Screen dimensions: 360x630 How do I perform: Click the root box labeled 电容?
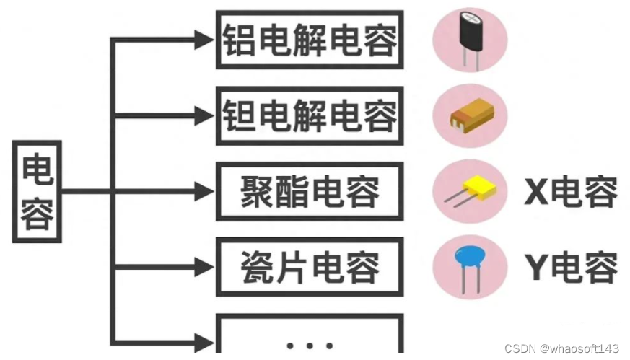pyautogui.click(x=38, y=192)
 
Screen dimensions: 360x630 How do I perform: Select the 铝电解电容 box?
pyautogui.click(x=309, y=40)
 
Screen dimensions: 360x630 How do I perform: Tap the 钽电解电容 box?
pyautogui.click(x=309, y=115)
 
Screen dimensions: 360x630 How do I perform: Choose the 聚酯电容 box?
pyautogui.click(x=309, y=191)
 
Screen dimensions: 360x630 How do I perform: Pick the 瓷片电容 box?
pyautogui.click(x=309, y=268)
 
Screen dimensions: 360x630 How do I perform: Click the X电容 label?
pyautogui.click(x=570, y=192)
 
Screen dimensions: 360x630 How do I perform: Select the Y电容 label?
pyautogui.click(x=570, y=268)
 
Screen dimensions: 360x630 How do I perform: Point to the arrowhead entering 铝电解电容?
pyautogui.click(x=204, y=40)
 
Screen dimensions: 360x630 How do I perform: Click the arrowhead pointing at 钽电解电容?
pyautogui.click(x=204, y=115)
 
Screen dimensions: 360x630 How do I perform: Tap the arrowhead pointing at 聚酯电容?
pyautogui.click(x=204, y=192)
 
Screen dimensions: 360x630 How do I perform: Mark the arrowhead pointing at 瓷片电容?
pyautogui.click(x=204, y=268)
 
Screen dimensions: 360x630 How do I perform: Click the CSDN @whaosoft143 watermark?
pyautogui.click(x=562, y=348)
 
